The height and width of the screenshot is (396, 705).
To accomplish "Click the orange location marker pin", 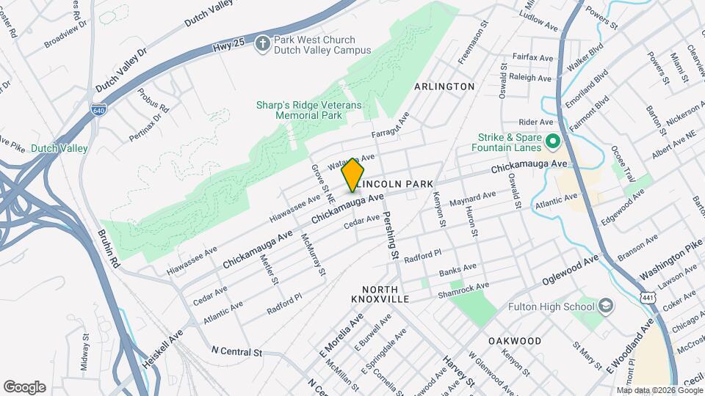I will [x=352, y=174].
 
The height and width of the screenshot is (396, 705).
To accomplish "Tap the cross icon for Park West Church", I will [x=262, y=45].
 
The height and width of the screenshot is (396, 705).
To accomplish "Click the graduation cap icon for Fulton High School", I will [x=606, y=304].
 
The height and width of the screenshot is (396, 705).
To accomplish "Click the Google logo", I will [x=24, y=387].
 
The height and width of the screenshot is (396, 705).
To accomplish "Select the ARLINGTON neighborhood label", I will [x=444, y=87].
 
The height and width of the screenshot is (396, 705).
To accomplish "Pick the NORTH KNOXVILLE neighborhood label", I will [x=389, y=295].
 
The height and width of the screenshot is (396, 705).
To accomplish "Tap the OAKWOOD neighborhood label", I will [x=515, y=341].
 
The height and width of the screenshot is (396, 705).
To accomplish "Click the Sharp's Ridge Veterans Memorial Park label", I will [x=309, y=110].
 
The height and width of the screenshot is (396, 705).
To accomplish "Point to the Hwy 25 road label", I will [x=228, y=45].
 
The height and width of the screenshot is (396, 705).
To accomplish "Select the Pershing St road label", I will [x=389, y=238].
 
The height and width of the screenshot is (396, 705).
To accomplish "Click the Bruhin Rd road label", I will [x=106, y=246].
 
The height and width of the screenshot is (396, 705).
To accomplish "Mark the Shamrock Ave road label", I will [x=464, y=288].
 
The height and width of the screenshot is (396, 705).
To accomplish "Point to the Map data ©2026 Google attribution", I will [x=659, y=390].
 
